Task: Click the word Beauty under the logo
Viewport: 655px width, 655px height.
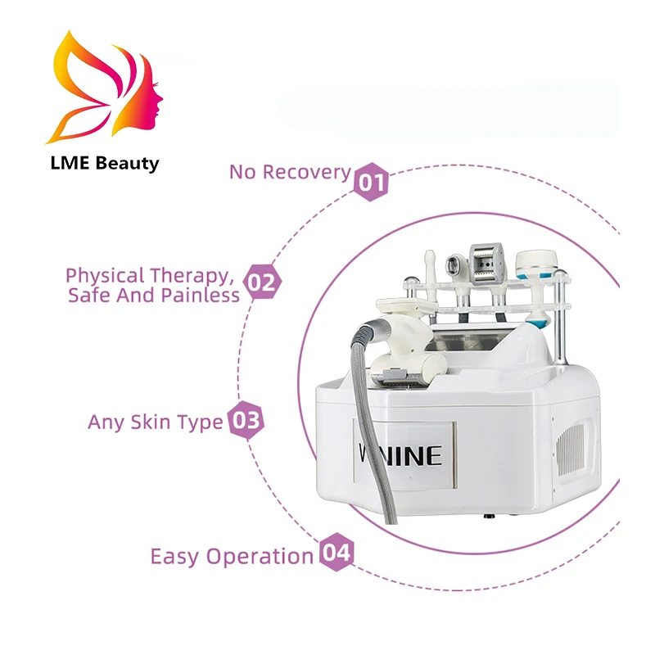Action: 128,163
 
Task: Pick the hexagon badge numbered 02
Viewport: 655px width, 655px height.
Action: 263,283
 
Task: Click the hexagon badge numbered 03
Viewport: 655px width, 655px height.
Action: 245,421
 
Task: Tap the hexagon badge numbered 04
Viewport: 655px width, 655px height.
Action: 336,553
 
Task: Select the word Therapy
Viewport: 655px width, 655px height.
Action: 195,275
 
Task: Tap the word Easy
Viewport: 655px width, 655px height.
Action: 175,557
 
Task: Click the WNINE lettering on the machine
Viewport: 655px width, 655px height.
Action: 400,454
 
